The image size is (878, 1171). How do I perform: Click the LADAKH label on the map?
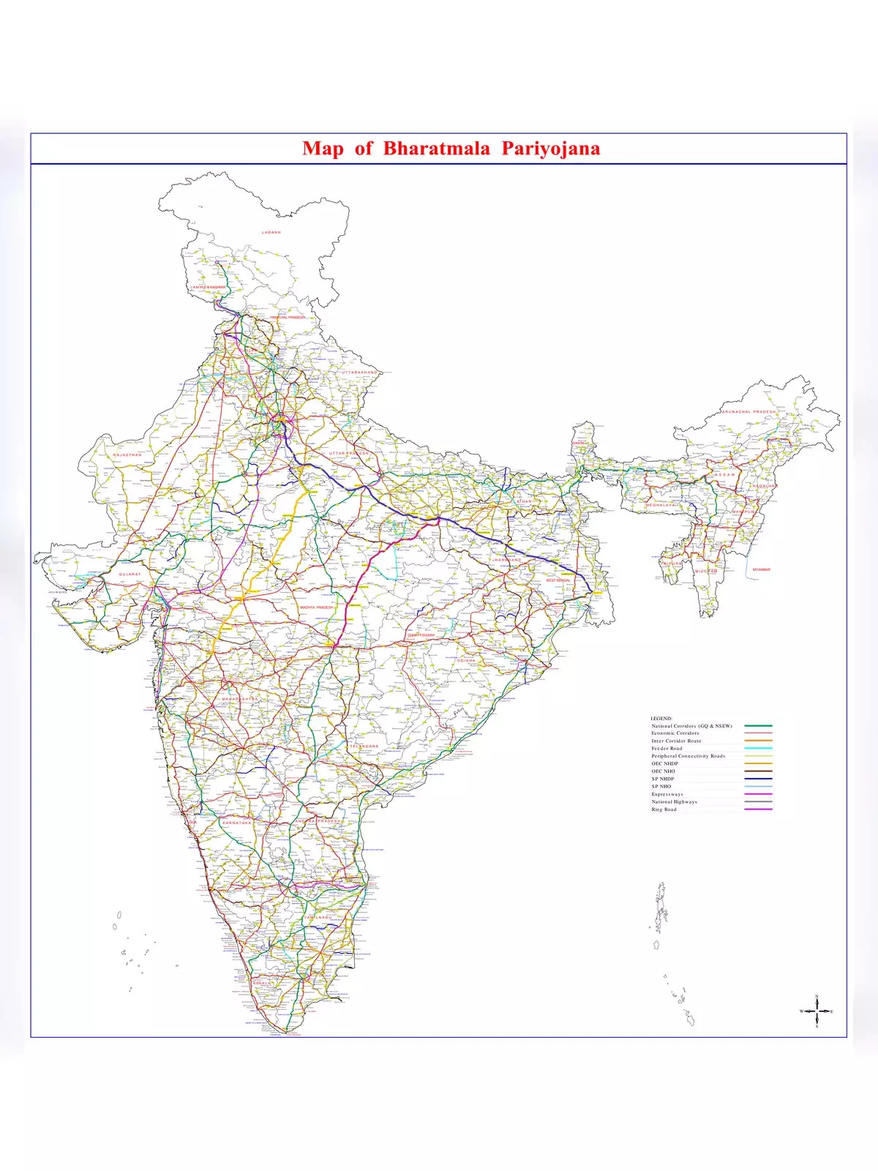click(271, 232)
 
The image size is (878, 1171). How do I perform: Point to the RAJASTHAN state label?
click(127, 455)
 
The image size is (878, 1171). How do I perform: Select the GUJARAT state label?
click(130, 575)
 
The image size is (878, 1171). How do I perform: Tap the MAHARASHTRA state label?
click(240, 700)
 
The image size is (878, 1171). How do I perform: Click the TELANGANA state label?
click(364, 747)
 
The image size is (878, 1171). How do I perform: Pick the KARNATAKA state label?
click(236, 823)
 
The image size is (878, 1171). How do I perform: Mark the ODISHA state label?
click(466, 660)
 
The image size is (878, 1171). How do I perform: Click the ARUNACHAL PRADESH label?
click(748, 412)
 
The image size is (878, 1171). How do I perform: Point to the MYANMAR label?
click(761, 569)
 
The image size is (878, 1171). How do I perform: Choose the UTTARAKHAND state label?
click(359, 373)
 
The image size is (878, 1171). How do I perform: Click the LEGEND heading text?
click(661, 719)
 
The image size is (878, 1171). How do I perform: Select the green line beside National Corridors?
click(758, 726)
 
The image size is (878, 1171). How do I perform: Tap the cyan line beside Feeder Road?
click(758, 749)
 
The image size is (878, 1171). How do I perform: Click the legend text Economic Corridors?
click(675, 733)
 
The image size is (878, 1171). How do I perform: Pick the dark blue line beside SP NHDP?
click(758, 779)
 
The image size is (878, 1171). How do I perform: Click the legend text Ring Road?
click(664, 809)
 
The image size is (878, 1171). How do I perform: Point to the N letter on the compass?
click(817, 997)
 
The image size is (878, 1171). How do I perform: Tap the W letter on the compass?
click(801, 1011)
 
